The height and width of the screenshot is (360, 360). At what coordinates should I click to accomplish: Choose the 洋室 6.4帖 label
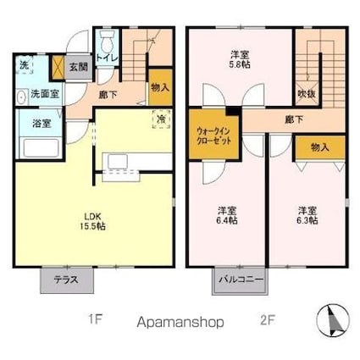click(225, 215)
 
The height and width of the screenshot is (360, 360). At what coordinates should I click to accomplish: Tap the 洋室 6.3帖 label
click(307, 215)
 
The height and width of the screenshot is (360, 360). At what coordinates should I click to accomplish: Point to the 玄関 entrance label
click(78, 66)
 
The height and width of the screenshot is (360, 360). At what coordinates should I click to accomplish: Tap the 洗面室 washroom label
click(43, 94)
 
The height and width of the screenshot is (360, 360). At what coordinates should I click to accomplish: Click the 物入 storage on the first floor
click(158, 86)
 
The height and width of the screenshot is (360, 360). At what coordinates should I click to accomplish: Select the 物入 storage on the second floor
click(319, 147)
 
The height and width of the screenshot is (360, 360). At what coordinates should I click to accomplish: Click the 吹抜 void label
click(306, 94)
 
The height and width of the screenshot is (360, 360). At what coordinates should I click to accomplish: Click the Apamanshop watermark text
click(180, 323)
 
